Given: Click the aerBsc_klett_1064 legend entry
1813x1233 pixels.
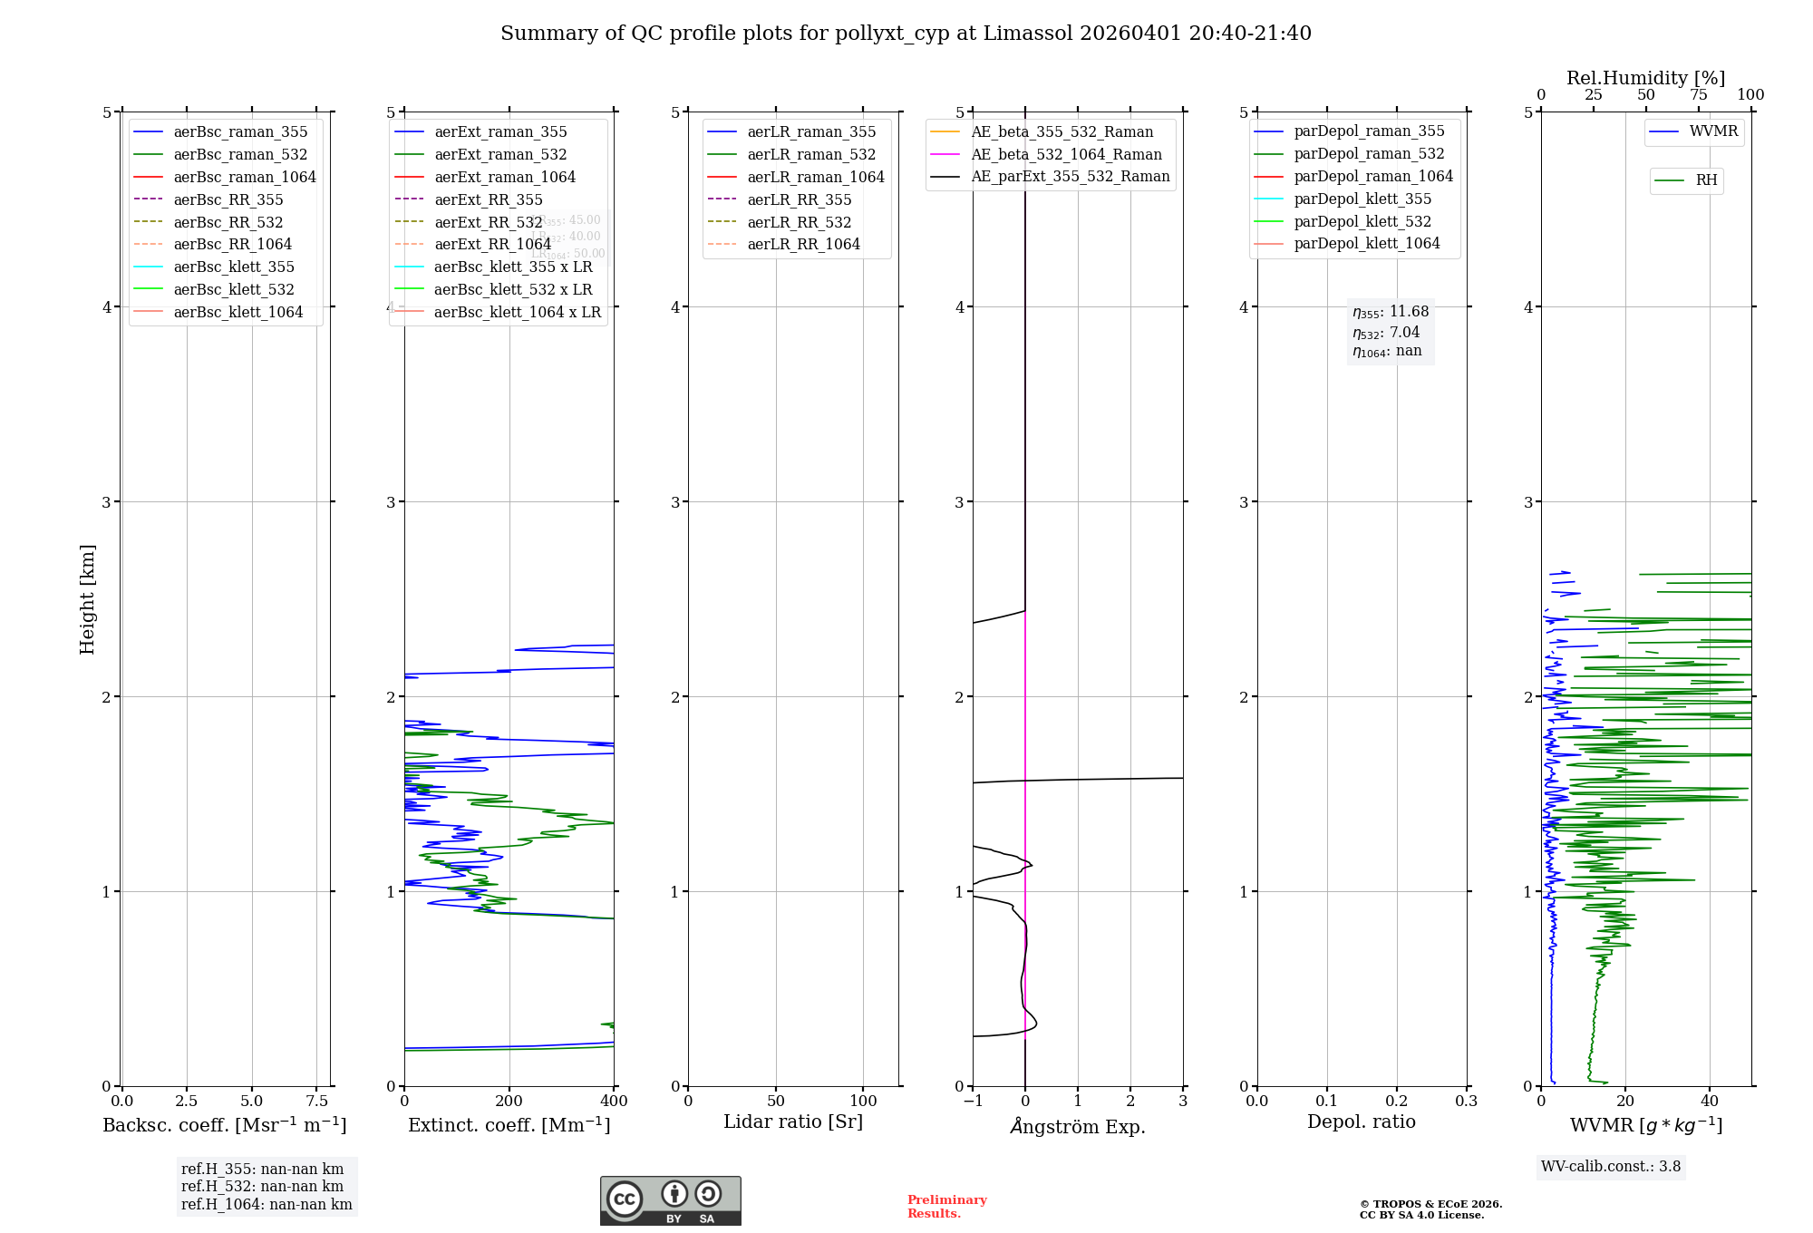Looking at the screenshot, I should (x=238, y=312).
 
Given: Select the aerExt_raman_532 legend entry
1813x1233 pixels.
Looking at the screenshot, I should (x=500, y=154).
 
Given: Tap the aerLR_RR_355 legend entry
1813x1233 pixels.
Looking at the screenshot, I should (x=799, y=199).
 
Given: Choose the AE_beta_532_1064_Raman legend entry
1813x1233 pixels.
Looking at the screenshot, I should (x=1066, y=154).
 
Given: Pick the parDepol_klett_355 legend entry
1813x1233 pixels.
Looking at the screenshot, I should (x=1362, y=199).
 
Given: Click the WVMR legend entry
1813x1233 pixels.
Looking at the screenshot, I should (x=1713, y=131).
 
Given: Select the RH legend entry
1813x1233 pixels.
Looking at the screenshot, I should (x=1706, y=180).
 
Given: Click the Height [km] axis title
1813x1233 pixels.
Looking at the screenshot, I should (x=87, y=599).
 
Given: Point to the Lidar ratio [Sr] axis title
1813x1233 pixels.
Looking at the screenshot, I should (x=793, y=1121).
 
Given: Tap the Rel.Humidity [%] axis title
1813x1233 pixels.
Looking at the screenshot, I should (x=1645, y=78).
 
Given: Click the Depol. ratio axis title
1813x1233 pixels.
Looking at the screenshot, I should (x=1361, y=1121).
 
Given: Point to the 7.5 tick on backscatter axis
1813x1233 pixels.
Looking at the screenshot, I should (x=316, y=1101).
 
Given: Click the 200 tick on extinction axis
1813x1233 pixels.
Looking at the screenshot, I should (x=509, y=1101).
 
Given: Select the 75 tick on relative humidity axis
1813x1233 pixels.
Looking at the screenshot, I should (x=1698, y=95).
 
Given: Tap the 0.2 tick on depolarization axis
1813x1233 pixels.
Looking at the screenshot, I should (x=1397, y=1101).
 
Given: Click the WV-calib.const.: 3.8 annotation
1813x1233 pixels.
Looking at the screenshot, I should (x=1611, y=1166).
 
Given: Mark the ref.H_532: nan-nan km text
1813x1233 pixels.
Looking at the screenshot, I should (x=262, y=1186).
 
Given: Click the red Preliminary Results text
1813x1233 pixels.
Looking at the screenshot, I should (x=946, y=1207).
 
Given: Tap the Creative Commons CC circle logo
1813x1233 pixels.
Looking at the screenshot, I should (x=625, y=1199).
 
